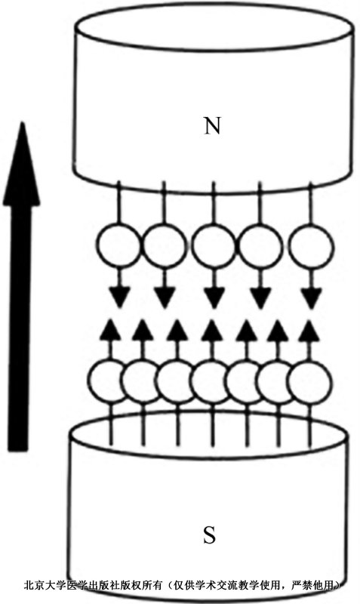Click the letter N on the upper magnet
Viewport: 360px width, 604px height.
(x=212, y=125)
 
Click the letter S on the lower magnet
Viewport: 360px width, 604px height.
(x=209, y=535)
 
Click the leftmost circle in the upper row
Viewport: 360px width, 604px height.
(x=118, y=246)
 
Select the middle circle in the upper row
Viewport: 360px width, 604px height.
(x=213, y=246)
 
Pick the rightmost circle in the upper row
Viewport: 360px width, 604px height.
(x=311, y=246)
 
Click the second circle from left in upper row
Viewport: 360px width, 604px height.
(x=165, y=246)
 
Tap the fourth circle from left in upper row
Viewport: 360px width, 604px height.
(x=260, y=246)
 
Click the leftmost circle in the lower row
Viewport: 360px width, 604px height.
(x=109, y=382)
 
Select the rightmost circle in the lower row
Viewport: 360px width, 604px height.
(x=309, y=382)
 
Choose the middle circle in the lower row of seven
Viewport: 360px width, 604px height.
(x=211, y=382)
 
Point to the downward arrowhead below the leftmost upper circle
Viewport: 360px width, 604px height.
(x=119, y=297)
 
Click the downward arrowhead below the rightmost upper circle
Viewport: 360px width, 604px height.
(x=311, y=297)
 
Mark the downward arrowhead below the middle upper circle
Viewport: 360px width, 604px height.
(x=214, y=297)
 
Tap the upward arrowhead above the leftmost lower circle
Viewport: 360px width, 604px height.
(x=109, y=330)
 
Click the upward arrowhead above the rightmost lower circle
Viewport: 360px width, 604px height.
(x=309, y=331)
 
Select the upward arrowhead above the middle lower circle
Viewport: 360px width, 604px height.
(x=211, y=330)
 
